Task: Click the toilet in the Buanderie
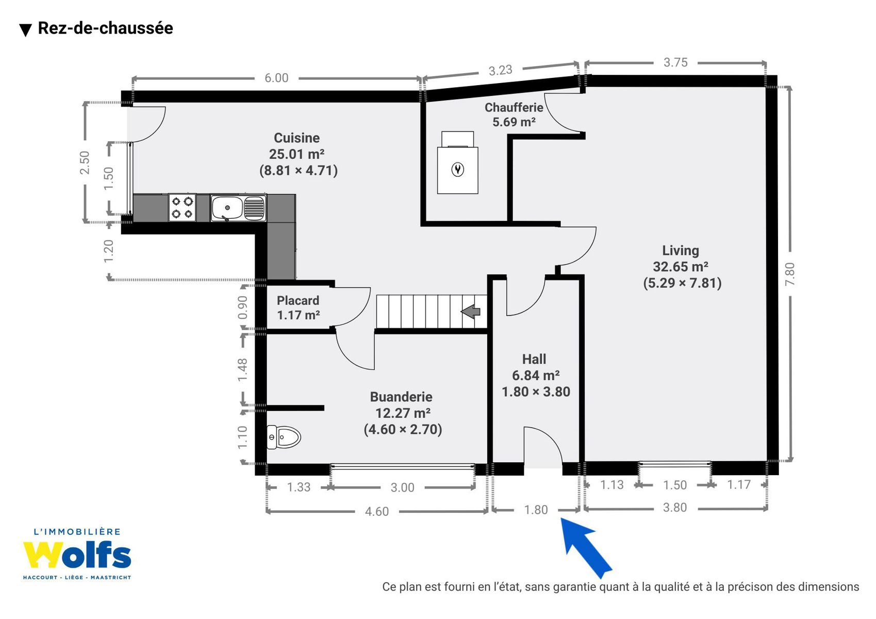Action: (284, 437)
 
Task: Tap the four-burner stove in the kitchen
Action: (182, 207)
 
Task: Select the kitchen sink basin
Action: (227, 208)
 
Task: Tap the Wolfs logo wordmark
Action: (77, 555)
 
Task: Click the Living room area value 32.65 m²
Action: (681, 267)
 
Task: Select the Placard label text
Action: (298, 300)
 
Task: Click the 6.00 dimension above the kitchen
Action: (276, 78)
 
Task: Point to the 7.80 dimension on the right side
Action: (789, 274)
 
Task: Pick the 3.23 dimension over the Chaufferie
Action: (500, 70)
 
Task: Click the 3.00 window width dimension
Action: (402, 487)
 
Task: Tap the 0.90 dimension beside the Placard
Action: (242, 307)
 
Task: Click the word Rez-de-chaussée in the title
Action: (105, 28)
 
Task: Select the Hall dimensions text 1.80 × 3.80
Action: (536, 392)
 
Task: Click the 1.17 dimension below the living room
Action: (739, 484)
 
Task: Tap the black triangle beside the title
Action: (25, 30)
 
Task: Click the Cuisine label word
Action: (296, 138)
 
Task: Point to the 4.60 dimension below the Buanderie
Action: (376, 511)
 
